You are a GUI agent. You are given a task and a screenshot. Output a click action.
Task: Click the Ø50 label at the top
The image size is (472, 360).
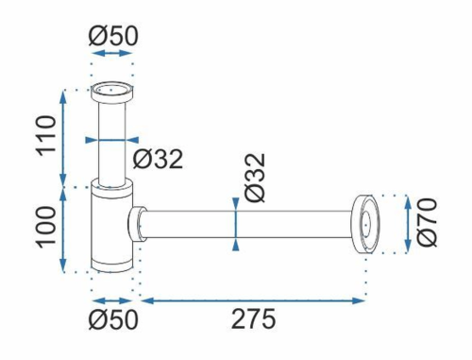click(x=113, y=36)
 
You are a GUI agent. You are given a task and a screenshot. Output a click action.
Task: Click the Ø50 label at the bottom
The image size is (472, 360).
click(x=113, y=319)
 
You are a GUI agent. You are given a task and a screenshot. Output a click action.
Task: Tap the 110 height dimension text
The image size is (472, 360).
click(x=46, y=135)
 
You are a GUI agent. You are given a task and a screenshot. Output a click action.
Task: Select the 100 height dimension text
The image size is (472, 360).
click(x=46, y=227)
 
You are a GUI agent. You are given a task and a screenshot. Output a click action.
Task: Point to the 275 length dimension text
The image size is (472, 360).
click(x=253, y=319)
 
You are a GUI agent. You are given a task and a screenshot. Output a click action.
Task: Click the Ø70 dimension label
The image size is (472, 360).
click(x=427, y=222)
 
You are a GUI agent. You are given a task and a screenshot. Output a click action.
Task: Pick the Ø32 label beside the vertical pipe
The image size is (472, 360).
click(x=158, y=159)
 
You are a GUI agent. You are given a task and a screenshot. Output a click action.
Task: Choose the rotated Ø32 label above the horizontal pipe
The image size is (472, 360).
click(x=256, y=178)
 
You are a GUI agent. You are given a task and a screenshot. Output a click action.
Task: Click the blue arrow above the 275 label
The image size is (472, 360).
click(x=253, y=300)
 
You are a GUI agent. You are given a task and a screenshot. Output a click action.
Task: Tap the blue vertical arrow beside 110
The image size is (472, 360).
click(x=63, y=139)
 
